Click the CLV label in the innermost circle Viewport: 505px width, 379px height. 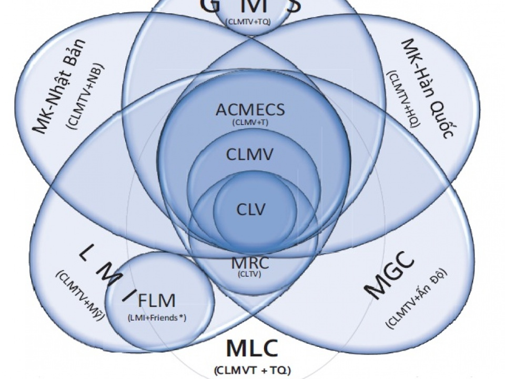coord(251,209)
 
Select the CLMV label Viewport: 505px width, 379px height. coord(250,155)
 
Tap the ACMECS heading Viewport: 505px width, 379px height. coord(250,111)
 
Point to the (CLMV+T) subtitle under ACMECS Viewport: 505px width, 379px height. coord(250,123)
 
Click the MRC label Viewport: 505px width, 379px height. coord(250,263)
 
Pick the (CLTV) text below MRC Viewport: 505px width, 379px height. coord(250,274)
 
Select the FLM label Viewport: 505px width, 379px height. coord(156,302)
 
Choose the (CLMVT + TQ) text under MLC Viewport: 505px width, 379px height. coord(252,370)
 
